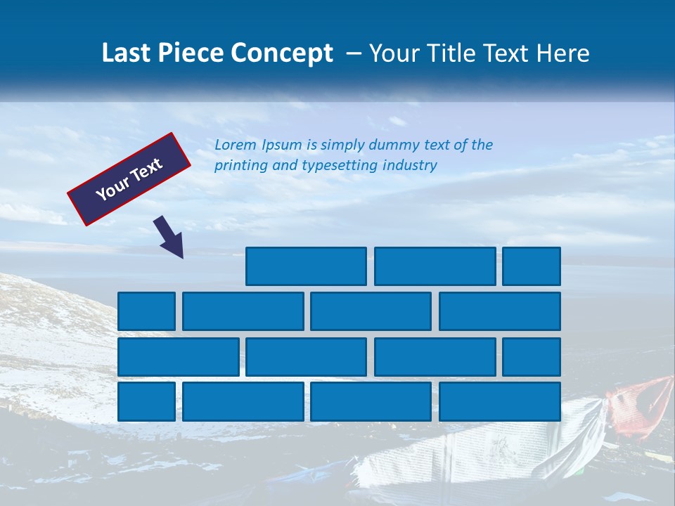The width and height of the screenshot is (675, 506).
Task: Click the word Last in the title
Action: coord(127,53)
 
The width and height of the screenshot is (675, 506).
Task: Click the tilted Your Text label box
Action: coord(129,179)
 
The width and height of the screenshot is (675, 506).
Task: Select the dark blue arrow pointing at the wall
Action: coord(169,237)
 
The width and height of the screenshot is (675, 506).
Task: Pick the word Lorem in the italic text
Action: coord(236,145)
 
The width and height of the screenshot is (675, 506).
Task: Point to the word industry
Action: coord(410,166)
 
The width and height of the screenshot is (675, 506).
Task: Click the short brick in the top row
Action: coord(532,266)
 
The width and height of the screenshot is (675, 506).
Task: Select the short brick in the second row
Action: coord(146,311)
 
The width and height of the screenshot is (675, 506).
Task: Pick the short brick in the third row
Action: coord(532,357)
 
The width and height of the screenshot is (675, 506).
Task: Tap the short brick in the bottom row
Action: coord(146,402)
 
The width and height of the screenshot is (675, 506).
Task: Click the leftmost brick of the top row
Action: coord(306,266)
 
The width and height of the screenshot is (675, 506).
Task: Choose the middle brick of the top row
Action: coord(435,266)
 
